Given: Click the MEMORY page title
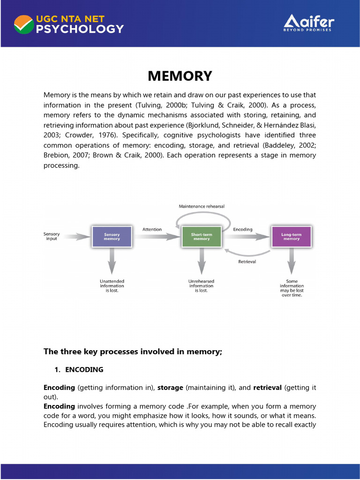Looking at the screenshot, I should pyautogui.click(x=180, y=76).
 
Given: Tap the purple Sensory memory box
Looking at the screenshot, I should pyautogui.click(x=112, y=237).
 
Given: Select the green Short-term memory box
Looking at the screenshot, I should pyautogui.click(x=201, y=237).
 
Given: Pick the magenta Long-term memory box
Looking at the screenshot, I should pyautogui.click(x=291, y=237).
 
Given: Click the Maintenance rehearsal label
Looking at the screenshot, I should pyautogui.click(x=202, y=206).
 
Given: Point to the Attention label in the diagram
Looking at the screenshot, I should pyautogui.click(x=152, y=229).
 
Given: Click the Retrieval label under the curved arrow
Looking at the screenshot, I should pyautogui.click(x=247, y=262).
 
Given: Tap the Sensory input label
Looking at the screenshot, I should pyautogui.click(x=52, y=236).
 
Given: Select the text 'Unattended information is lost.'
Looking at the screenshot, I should pyautogui.click(x=112, y=286).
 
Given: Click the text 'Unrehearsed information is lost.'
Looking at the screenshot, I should pyautogui.click(x=201, y=286).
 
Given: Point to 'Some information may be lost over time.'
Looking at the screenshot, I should pyautogui.click(x=292, y=288).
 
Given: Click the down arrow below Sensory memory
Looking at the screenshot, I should pyautogui.click(x=112, y=261).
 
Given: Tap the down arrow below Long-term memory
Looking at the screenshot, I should pyautogui.click(x=292, y=261).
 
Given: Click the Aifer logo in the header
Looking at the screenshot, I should pyautogui.click(x=308, y=23).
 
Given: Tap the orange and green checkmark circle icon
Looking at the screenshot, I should pyautogui.click(x=23, y=24).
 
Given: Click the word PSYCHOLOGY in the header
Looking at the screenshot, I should pyautogui.click(x=80, y=29).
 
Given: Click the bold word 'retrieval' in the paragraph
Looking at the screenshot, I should pyautogui.click(x=268, y=388).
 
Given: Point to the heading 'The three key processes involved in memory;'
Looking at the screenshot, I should pyautogui.click(x=133, y=352).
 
